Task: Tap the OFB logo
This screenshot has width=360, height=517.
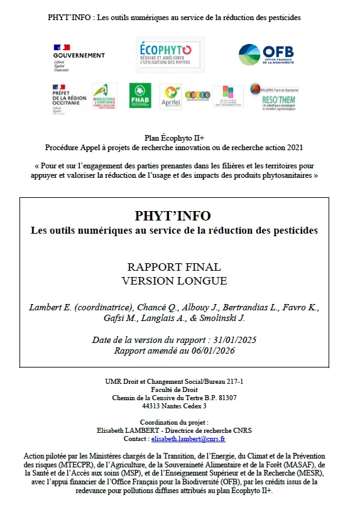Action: [x=266, y=55]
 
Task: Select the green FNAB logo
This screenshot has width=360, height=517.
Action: [x=140, y=96]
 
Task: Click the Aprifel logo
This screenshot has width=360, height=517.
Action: [x=170, y=97]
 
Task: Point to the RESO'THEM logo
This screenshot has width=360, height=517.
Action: [x=274, y=97]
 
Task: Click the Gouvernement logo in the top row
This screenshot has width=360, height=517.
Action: [x=79, y=55]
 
